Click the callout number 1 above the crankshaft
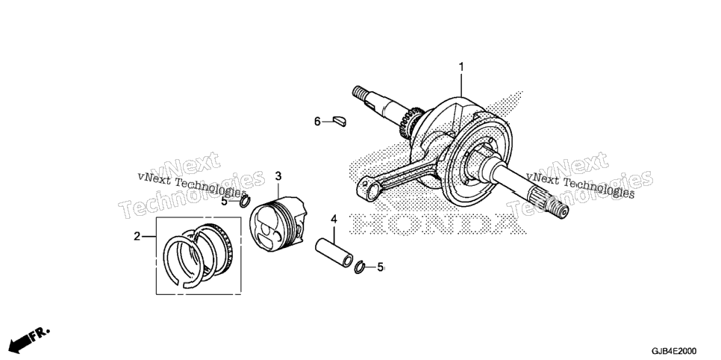(x=461, y=68)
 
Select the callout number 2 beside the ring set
(x=137, y=237)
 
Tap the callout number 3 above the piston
(x=278, y=176)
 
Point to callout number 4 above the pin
(x=334, y=219)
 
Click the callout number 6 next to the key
(x=317, y=122)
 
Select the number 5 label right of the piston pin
(x=380, y=267)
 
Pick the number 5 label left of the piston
(x=224, y=201)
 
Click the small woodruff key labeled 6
(x=340, y=121)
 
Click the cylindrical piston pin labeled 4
(x=334, y=252)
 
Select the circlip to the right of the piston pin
(x=360, y=267)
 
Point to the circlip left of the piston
(x=245, y=201)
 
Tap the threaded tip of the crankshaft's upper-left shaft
(x=360, y=92)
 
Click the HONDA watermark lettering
(x=436, y=225)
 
